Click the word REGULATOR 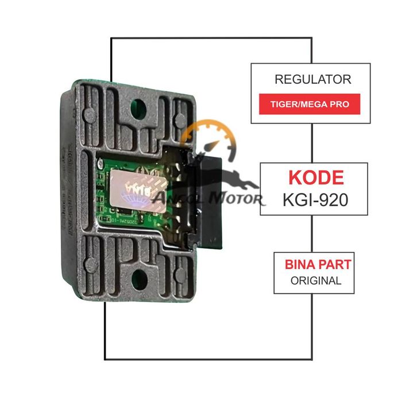312,79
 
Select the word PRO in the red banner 345,106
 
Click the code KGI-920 315,199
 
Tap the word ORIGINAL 315,281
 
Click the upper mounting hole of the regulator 138,104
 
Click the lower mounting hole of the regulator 138,278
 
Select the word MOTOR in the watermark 237,199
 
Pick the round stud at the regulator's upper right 176,119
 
